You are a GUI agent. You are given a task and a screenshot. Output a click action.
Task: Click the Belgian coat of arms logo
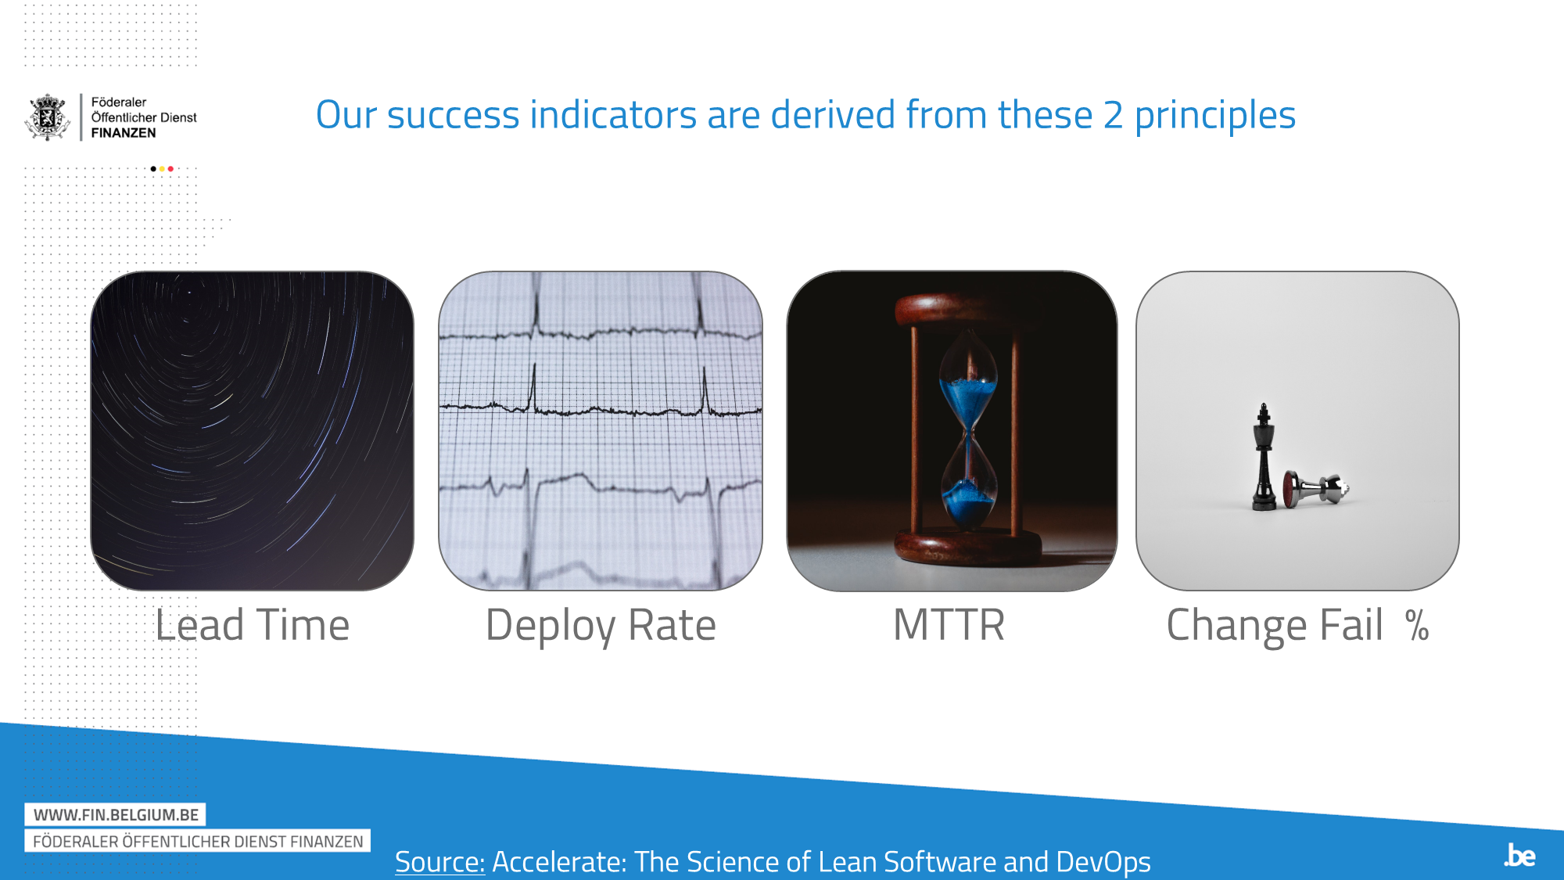pyautogui.click(x=48, y=117)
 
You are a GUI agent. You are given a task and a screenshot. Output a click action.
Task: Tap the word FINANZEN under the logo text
pyautogui.click(x=124, y=133)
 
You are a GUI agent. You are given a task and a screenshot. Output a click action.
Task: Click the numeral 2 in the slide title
pyautogui.click(x=1113, y=115)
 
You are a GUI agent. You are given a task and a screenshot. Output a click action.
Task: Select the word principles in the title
pyautogui.click(x=1214, y=115)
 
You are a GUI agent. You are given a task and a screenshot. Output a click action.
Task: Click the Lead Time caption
pyautogui.click(x=252, y=625)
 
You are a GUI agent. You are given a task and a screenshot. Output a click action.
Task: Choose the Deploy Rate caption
pyautogui.click(x=601, y=626)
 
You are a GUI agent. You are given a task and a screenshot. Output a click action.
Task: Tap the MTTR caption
pyautogui.click(x=949, y=625)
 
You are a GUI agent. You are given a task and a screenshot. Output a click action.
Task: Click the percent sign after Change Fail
pyautogui.click(x=1416, y=626)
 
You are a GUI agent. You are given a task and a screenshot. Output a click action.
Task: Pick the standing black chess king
pyautogui.click(x=1263, y=458)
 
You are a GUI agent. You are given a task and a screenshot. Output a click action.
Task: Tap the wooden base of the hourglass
pyautogui.click(x=968, y=547)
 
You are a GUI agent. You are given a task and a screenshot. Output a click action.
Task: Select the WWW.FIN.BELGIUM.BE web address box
pyautogui.click(x=115, y=814)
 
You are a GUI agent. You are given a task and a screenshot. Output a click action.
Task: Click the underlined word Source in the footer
pyautogui.click(x=439, y=861)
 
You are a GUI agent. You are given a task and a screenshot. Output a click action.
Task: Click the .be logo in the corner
pyautogui.click(x=1519, y=855)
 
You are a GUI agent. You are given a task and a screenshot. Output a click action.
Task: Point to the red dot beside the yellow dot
pyautogui.click(x=170, y=169)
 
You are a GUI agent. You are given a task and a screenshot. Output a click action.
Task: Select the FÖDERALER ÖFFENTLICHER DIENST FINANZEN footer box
pyautogui.click(x=198, y=841)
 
